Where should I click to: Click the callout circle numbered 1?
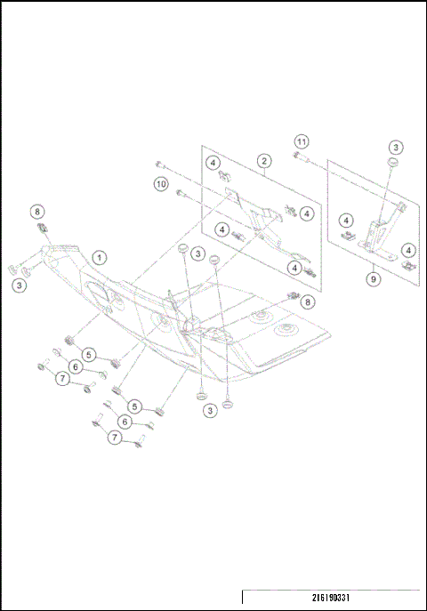[101, 256]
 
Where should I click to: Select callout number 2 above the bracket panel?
[264, 161]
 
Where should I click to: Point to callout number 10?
[161, 184]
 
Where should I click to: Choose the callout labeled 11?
[302, 142]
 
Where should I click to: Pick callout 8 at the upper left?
[36, 212]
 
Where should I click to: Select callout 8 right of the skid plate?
[308, 302]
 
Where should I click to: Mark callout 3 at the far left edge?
[19, 285]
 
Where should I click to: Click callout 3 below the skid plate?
[209, 410]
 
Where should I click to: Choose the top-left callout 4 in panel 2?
[213, 163]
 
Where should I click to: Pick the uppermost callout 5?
[89, 354]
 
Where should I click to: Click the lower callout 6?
[127, 422]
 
